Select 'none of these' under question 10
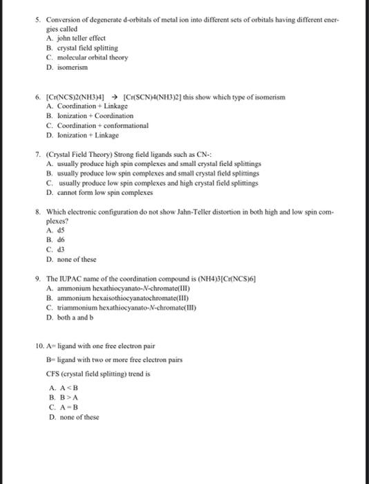tap(79, 417)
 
